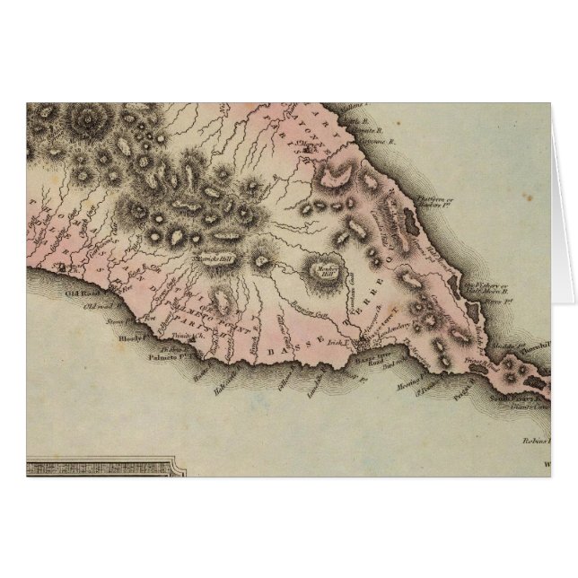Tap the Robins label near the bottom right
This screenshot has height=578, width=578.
click(535, 441)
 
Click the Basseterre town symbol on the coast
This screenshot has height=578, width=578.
click(358, 343)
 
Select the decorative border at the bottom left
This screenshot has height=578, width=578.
click(99, 467)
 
